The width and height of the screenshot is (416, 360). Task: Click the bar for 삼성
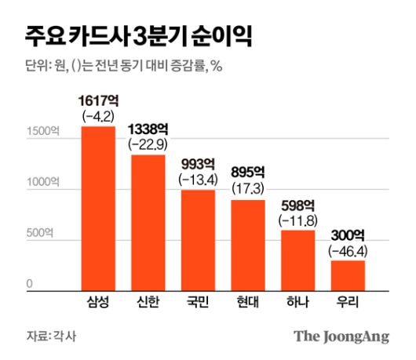[98, 208]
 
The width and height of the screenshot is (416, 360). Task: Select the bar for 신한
[148, 223]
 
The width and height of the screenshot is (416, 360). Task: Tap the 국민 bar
[198, 240]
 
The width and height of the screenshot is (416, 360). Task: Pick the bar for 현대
[247, 245]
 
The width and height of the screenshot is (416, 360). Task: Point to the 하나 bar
[297, 260]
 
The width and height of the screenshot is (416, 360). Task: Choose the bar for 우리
[347, 275]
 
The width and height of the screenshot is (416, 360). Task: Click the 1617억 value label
[98, 102]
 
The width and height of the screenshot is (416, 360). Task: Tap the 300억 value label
[347, 235]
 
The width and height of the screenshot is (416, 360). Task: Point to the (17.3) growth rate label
[247, 190]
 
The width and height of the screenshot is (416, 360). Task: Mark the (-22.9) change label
[148, 144]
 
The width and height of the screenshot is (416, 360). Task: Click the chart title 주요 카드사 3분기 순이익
[137, 35]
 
